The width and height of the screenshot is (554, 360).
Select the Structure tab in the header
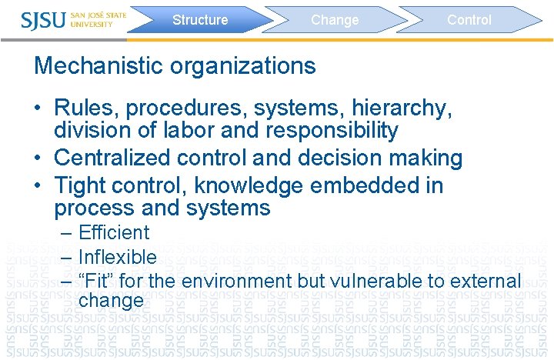(x=200, y=20)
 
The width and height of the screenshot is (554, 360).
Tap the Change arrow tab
(x=335, y=20)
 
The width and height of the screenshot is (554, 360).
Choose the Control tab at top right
(x=469, y=20)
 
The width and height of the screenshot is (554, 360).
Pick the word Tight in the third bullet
(x=82, y=185)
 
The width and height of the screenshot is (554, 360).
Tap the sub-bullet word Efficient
(x=114, y=233)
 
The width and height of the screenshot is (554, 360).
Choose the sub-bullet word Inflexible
(x=117, y=257)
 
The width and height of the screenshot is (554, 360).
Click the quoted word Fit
(x=95, y=281)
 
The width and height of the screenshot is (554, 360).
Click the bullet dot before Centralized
(x=38, y=159)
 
